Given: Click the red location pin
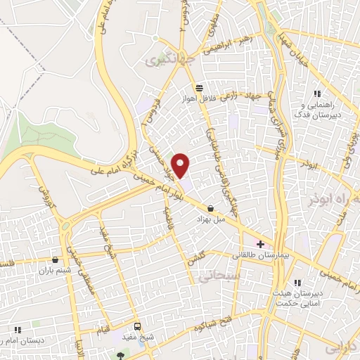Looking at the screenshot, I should coord(181,166).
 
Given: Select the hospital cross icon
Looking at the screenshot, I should coord(261,244).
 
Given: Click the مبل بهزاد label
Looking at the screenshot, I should coord(211,219).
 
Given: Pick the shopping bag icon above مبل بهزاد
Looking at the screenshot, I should coord(211,207).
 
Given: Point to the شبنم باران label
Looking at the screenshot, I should coord(56,270).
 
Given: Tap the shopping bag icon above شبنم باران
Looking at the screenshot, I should coord(56,259).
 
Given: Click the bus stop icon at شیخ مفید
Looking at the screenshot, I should coord(137,326).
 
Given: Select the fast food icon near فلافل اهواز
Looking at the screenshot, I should coord(200,88).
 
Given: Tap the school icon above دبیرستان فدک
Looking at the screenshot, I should coord(317,94).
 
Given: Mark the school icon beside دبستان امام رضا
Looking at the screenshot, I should coord(17,328).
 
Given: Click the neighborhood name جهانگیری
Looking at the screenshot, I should coord(164,61).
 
